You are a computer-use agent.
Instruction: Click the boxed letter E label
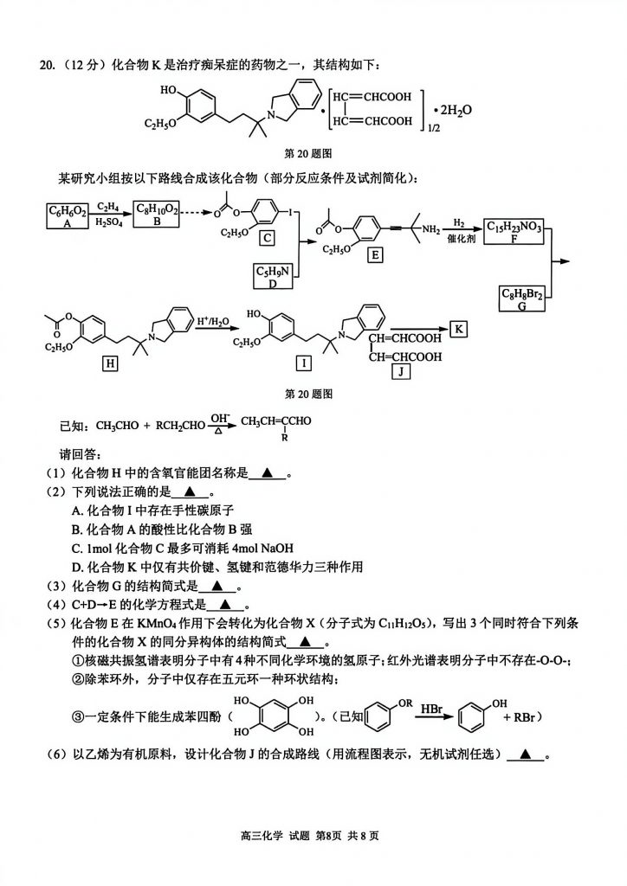point(374,255)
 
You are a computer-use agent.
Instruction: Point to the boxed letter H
point(110,364)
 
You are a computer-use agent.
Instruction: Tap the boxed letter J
point(401,372)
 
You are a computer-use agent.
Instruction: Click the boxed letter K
point(460,328)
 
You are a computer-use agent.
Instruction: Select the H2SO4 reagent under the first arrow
point(108,222)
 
